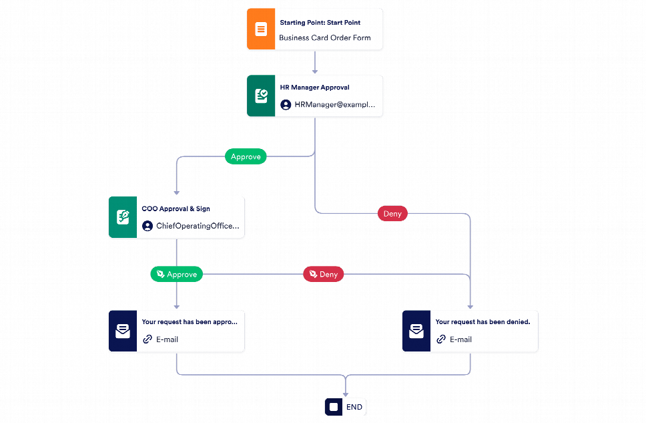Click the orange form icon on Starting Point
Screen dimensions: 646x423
tap(261, 29)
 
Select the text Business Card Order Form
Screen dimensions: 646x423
tap(324, 38)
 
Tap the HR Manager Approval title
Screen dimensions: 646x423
tap(315, 88)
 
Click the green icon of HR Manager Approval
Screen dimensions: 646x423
tap(261, 96)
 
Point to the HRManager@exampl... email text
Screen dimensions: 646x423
tap(334, 105)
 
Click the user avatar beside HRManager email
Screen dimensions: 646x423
tap(286, 105)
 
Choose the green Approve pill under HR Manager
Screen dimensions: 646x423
tap(246, 156)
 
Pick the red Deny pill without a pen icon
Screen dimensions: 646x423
tap(392, 214)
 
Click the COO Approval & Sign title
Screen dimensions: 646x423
tap(176, 208)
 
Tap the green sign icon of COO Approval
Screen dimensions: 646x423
tap(123, 217)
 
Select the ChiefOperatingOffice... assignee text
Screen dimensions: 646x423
tap(198, 226)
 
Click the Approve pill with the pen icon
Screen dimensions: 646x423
tap(176, 275)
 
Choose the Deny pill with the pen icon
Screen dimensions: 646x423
tap(324, 275)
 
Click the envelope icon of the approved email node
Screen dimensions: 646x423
tap(123, 331)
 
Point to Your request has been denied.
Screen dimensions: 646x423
tap(483, 322)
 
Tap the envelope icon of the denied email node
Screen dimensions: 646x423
tap(416, 331)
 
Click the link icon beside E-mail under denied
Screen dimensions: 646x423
tap(441, 339)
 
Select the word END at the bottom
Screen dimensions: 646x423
tap(354, 408)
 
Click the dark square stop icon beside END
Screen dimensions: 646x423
tap(334, 408)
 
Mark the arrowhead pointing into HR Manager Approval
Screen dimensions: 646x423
tap(315, 72)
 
